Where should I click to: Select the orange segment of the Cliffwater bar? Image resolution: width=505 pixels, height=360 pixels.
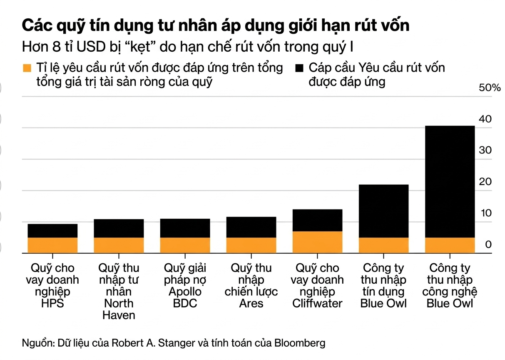pos(317,242)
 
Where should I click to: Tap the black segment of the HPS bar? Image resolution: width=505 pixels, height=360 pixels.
pos(52,230)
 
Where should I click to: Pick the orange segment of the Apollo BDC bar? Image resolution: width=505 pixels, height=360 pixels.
pos(185,245)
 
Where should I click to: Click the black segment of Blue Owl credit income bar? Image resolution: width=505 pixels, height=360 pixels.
pos(383,210)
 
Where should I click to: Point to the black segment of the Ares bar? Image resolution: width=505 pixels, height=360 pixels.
pos(251,227)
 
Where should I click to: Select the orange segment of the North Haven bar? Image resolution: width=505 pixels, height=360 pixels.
pos(119,245)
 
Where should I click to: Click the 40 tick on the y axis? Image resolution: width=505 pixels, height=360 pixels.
pos(485,119)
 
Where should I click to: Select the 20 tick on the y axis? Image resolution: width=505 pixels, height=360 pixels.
pos(485,182)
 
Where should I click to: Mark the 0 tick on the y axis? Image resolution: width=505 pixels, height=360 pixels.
pos(488,245)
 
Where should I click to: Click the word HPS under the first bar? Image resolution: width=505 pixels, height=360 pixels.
pos(52,303)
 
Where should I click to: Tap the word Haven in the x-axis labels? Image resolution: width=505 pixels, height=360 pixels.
pos(119,315)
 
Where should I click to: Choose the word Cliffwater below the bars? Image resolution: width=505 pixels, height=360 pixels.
pos(317,303)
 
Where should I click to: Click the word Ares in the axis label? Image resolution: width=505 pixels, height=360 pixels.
pos(251,303)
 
